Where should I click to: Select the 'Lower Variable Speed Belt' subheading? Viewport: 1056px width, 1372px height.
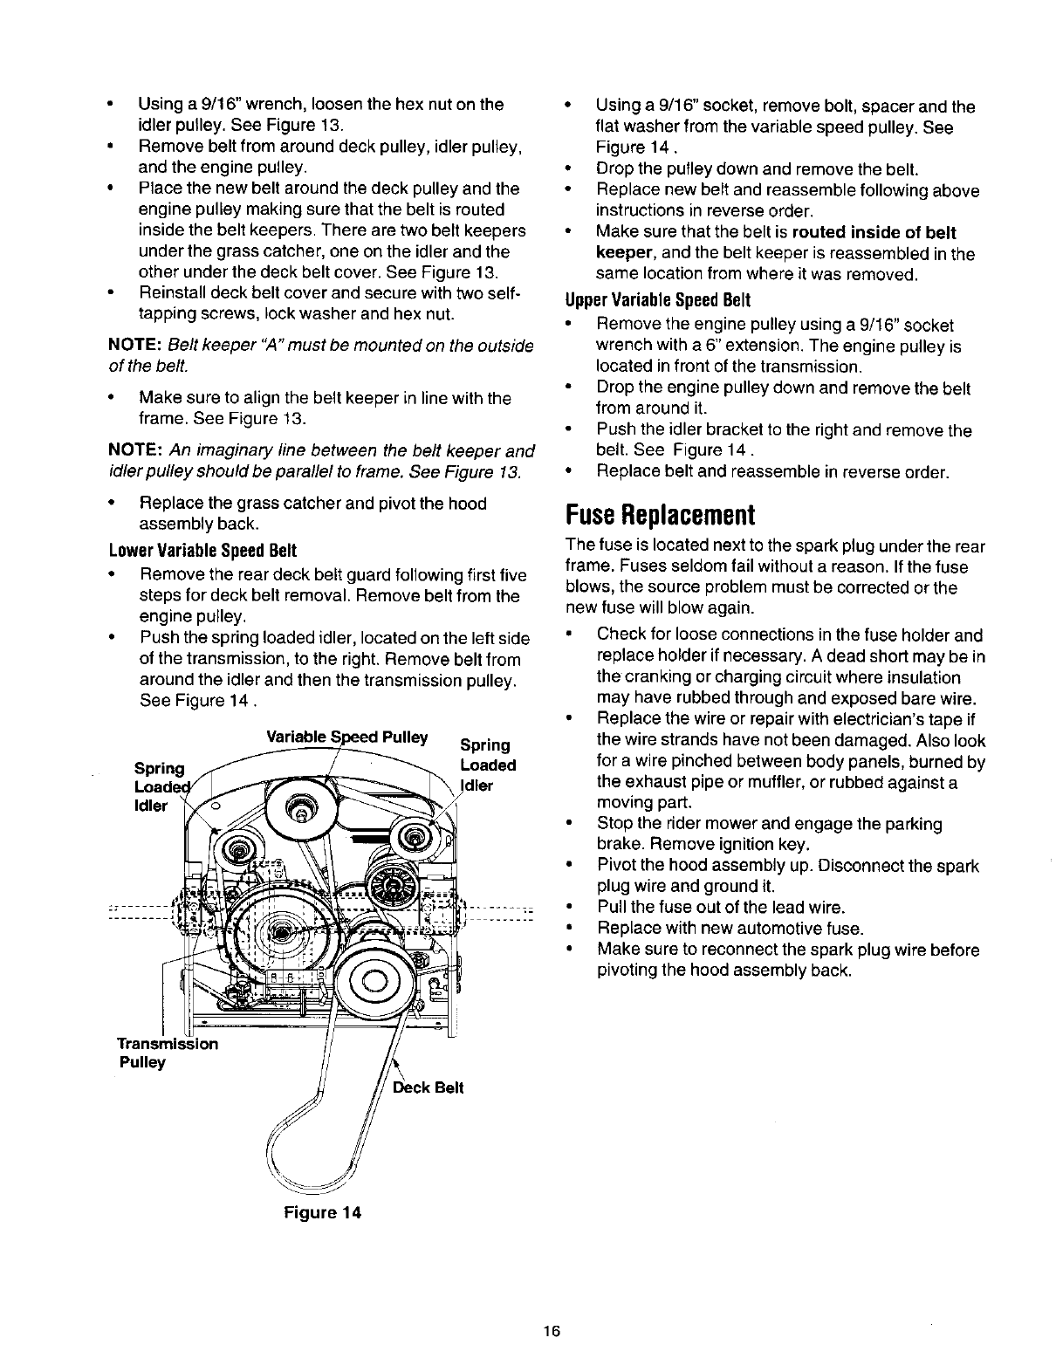[202, 551]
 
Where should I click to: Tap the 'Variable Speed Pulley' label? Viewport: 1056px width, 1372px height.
[347, 737]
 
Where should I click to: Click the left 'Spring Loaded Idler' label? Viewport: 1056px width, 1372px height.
[160, 787]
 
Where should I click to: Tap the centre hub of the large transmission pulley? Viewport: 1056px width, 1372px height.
[281, 933]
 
